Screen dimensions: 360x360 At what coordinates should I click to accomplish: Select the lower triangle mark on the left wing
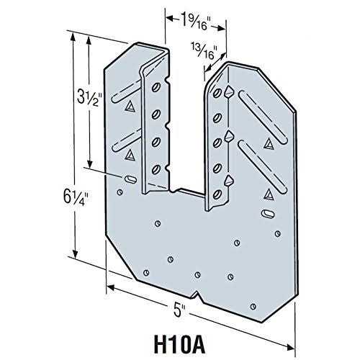[x=130, y=154]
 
